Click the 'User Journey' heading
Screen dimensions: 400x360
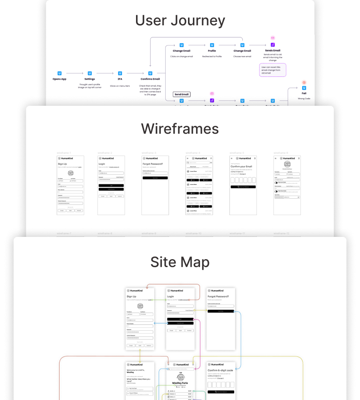pos(180,21)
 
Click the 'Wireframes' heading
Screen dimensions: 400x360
pos(180,129)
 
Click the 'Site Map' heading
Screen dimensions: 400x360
pos(180,262)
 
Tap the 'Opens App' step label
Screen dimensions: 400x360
pos(60,79)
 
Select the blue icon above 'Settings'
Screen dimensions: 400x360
pos(90,73)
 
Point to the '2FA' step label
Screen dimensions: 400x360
pos(120,79)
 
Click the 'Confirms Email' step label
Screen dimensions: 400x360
pos(150,79)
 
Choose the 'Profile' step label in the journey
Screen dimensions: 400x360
pos(212,51)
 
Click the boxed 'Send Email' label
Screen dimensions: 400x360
pos(181,94)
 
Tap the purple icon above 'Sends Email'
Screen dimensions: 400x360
pos(272,45)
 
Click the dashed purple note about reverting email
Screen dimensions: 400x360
pos(272,70)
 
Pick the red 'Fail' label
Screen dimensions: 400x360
pos(304,93)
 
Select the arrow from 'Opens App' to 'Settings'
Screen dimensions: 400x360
pos(75,73)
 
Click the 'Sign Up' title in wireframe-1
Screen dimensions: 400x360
pos(63,164)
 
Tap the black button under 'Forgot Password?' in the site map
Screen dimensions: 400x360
pos(221,311)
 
